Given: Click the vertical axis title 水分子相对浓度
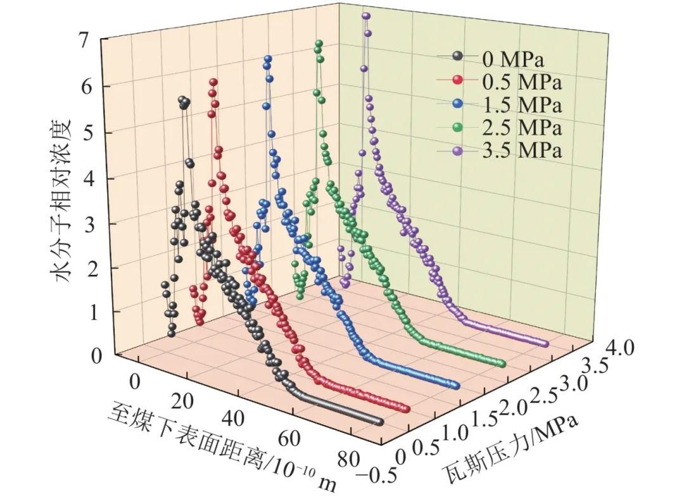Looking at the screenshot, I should pos(60,200).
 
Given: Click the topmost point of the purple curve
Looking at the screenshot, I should pos(365,16).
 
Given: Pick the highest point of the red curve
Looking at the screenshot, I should pos(213,82).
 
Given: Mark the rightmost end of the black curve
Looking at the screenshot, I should pos(379,422).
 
